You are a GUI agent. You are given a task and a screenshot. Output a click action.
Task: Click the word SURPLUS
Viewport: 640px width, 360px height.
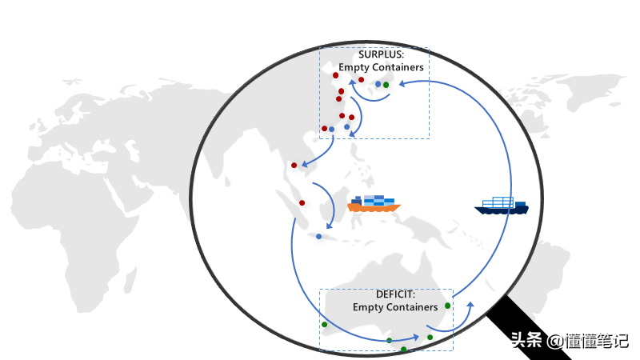tap(381, 54)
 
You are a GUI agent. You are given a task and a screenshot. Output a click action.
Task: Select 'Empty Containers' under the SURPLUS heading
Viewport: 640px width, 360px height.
tap(381, 67)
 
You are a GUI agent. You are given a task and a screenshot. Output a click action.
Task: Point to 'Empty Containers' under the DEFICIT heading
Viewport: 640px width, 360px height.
tap(395, 306)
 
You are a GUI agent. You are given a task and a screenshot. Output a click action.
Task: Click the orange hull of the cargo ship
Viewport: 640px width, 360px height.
tap(373, 207)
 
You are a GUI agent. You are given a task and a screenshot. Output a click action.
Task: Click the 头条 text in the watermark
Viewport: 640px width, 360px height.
tap(527, 340)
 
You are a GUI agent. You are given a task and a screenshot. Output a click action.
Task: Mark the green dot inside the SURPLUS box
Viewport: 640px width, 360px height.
tap(386, 84)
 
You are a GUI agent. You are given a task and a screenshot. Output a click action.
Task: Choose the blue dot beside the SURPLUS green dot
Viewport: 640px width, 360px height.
tap(378, 84)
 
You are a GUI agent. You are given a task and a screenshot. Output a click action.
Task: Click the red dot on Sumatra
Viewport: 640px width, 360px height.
tap(302, 202)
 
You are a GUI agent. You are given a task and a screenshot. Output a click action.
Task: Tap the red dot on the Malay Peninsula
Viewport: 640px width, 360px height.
tap(294, 166)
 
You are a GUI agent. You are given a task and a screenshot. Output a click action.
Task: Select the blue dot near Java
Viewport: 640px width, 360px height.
tap(318, 236)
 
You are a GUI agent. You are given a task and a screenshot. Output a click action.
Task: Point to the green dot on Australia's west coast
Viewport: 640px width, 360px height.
tap(324, 324)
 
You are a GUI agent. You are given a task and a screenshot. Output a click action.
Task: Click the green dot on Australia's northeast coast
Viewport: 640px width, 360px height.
tap(447, 305)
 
